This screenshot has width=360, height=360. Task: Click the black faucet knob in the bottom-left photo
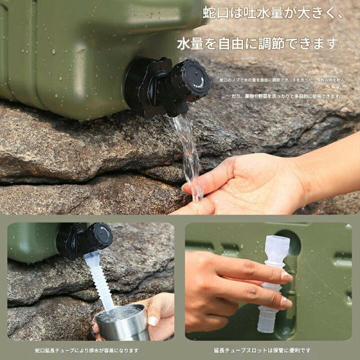point(97,236)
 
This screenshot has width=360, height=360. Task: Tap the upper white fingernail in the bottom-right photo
point(286,275)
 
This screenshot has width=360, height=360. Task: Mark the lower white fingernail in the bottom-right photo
point(286,302)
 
